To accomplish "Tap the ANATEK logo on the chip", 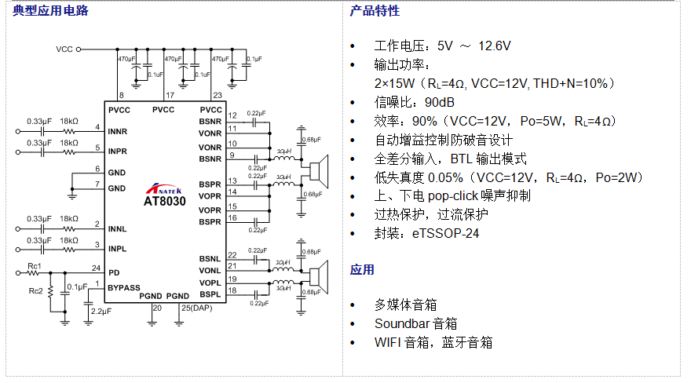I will [x=165, y=189].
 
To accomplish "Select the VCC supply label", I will [x=64, y=49].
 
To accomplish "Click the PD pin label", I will [x=114, y=272].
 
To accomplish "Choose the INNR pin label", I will [x=118, y=131].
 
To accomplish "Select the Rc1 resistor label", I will [x=34, y=266].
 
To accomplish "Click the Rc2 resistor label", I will [x=35, y=291].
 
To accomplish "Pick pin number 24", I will [x=97, y=267].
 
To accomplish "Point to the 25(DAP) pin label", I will [x=196, y=307].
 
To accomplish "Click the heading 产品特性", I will [x=375, y=11].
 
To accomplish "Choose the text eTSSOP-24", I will [x=446, y=233].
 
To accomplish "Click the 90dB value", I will [x=440, y=103].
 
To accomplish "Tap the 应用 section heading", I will [x=362, y=270].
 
